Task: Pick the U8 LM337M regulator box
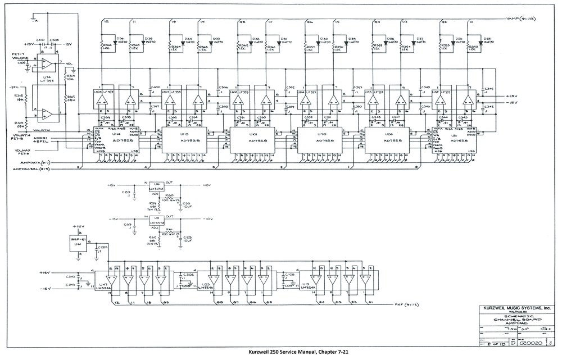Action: point(156,221)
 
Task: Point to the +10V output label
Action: point(206,185)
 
